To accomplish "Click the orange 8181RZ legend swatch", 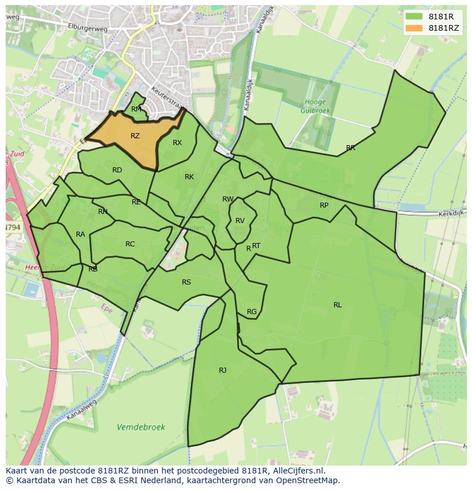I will coord(414,28).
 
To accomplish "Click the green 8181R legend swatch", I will coord(414,17).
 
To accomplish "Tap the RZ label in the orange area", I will coord(135,136).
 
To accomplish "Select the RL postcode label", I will coord(337,305).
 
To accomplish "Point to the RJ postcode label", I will coord(222,370).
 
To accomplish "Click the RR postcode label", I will coord(351,148).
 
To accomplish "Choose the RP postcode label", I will coord(324,205).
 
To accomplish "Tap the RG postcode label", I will coord(251,312).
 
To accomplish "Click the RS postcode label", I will coord(186,282).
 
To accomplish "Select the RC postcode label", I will coord(130,244).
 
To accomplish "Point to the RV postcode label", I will coord(240,221).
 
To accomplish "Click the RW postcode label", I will coord(228,199).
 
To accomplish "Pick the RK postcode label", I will coord(189,177).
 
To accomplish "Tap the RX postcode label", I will coord(177,143).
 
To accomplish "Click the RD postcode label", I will coord(117,170).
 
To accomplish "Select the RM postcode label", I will coord(136,109).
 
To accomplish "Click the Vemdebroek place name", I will coord(141,427).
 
